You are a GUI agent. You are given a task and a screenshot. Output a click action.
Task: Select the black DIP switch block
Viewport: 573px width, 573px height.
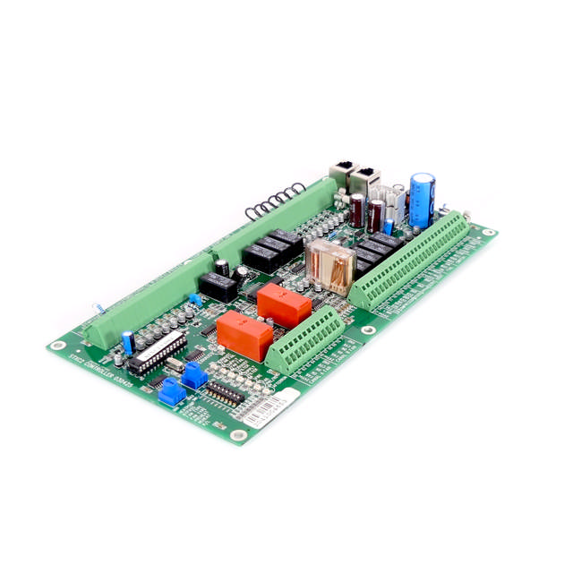coord(223,392)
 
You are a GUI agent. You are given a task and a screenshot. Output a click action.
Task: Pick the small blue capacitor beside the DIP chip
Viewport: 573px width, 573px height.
coord(129,341)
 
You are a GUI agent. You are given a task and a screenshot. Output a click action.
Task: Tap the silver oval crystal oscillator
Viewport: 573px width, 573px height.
coord(175,365)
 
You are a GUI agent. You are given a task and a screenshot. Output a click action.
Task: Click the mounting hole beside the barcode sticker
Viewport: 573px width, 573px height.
coord(238,435)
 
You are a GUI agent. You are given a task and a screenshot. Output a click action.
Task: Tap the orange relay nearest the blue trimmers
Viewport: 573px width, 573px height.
coord(244,336)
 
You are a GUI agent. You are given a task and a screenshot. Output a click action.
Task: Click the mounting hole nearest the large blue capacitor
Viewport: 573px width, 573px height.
coord(487,233)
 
